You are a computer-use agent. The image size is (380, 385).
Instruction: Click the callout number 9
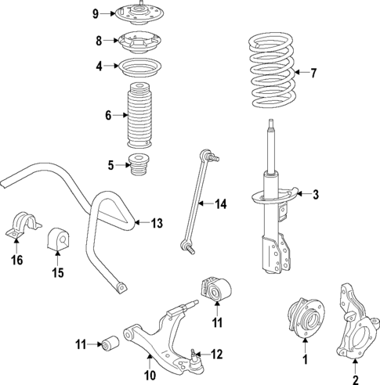pos(96,14)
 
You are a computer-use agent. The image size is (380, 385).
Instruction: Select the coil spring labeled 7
pos(272,70)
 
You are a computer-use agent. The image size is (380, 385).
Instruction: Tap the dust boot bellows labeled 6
pos(139,115)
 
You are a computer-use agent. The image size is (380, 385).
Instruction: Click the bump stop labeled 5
pos(139,165)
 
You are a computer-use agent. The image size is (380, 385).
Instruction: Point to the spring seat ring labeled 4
pos(139,67)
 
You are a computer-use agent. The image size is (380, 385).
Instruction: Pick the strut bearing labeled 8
pos(139,41)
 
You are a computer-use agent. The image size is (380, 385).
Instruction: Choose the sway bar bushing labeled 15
pos(57,239)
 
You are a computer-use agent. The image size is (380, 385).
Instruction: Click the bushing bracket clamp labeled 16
pos(23,225)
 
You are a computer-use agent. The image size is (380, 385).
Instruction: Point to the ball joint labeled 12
pos(194,360)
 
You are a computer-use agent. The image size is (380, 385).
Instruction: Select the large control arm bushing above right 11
pos(217,290)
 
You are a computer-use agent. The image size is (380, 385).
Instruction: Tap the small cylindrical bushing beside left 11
pos(110,344)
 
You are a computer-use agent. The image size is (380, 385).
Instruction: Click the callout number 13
pos(157,223)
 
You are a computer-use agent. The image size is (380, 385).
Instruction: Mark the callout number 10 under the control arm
pos(150,376)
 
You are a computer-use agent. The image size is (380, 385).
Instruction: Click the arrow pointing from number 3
pos(303,194)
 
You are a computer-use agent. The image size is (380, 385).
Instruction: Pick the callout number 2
pos(356,380)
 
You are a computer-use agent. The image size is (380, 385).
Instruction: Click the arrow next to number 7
pos(301,72)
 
